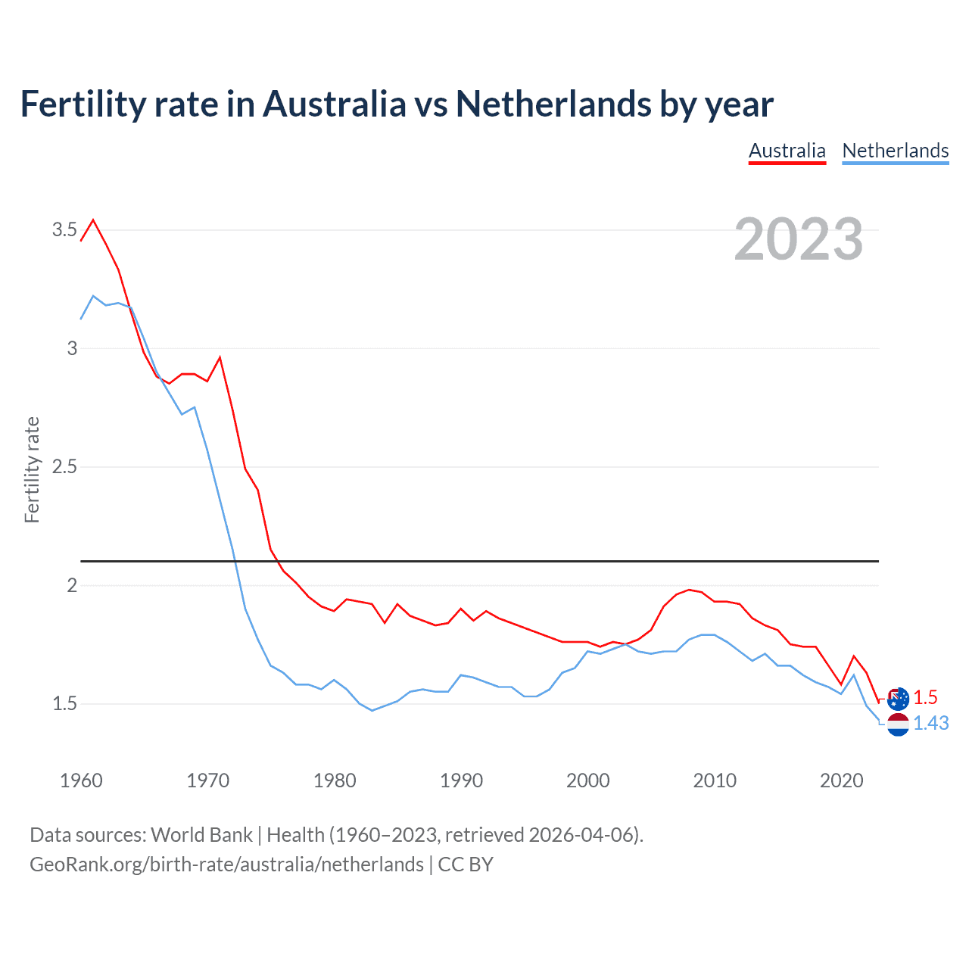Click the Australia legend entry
coord(787,151)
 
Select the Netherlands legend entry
coord(895,151)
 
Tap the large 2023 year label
coord(799,239)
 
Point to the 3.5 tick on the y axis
coord(64,229)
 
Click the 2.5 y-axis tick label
coord(64,467)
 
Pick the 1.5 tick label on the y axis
coord(64,704)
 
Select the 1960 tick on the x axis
coord(81,780)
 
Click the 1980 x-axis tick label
coord(335,780)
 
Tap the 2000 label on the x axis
coord(587,780)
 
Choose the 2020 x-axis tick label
coord(841,780)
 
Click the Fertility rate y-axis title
coord(32,469)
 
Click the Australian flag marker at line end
coord(898,699)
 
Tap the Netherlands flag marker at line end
coord(898,724)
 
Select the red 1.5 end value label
coord(925,698)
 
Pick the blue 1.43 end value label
coord(930,724)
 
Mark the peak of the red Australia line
coord(93,220)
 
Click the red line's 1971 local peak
coord(220,357)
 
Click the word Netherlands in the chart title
coord(553,104)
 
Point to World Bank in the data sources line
coord(201,835)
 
